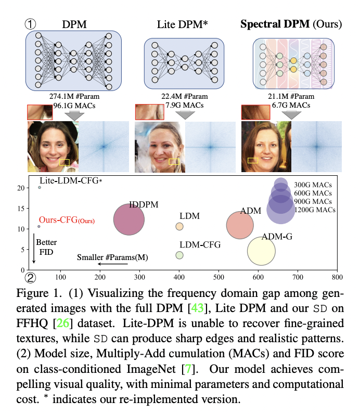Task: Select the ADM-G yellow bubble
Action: (261, 251)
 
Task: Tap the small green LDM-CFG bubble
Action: (179, 255)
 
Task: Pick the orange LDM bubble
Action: (179, 226)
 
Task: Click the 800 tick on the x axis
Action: (338, 276)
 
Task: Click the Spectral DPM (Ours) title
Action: (291, 24)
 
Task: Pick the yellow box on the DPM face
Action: (65, 162)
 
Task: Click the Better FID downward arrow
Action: (34, 249)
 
